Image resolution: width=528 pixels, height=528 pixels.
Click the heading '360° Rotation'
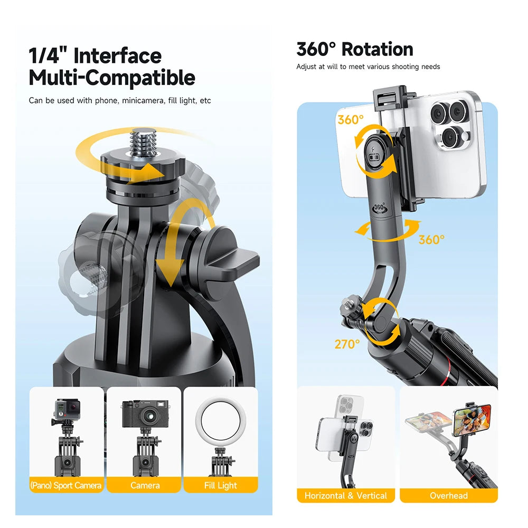(355, 49)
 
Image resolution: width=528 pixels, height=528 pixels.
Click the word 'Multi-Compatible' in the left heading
(112, 78)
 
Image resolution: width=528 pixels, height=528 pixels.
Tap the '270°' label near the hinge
(347, 344)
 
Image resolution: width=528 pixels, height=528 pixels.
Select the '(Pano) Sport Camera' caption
(67, 485)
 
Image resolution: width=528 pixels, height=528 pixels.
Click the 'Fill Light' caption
(221, 485)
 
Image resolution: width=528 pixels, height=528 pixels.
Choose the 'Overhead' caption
(448, 496)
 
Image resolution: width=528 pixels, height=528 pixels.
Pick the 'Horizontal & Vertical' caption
(346, 496)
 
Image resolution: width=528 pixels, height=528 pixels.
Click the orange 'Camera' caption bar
(145, 485)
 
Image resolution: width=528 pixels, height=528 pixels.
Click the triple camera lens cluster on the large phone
(448, 124)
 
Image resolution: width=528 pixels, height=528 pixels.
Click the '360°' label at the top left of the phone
(351, 120)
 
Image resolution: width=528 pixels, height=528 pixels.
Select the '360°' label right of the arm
(431, 240)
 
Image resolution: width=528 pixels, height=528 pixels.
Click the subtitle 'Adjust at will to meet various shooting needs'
(368, 67)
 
